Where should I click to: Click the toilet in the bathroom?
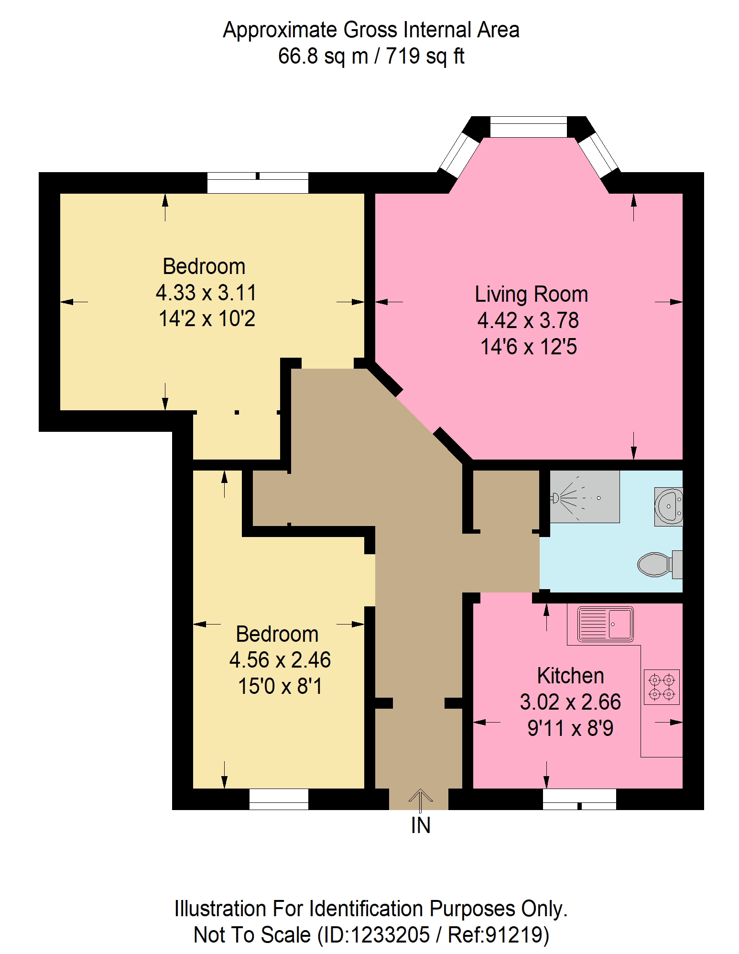click(660, 565)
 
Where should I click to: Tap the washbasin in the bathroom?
click(669, 506)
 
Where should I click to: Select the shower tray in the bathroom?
click(585, 496)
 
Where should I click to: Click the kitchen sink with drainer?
click(605, 624)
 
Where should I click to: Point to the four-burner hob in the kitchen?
click(662, 687)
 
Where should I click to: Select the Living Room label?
click(531, 295)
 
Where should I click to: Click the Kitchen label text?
click(570, 676)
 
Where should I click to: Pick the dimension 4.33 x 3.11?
click(206, 293)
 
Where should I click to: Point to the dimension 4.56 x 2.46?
click(280, 660)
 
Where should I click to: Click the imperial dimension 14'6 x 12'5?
click(528, 347)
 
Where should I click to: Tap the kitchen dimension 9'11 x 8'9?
click(570, 728)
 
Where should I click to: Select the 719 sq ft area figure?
click(425, 56)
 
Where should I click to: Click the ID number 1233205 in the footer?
click(390, 935)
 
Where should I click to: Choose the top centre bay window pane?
click(529, 127)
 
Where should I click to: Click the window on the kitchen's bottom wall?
click(579, 799)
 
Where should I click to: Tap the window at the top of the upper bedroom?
click(258, 183)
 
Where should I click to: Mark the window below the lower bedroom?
click(279, 799)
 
